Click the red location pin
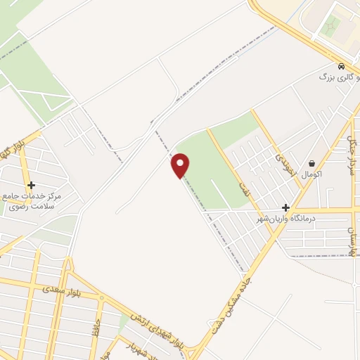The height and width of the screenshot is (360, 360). click(181, 165)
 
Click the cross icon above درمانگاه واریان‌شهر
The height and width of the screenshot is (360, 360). click(285, 207)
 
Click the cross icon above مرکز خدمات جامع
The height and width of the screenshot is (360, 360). click(32, 185)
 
